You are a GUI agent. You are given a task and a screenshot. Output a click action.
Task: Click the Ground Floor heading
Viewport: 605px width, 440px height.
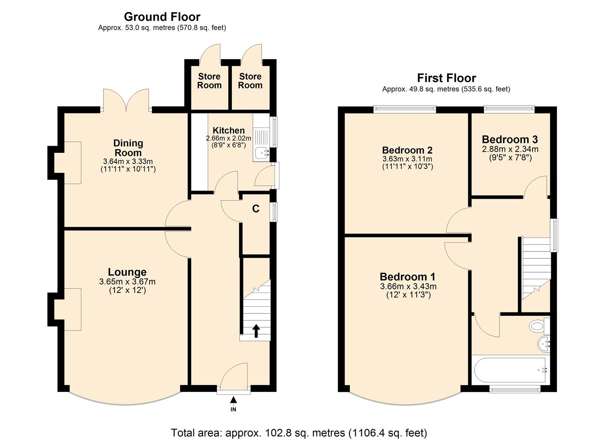point(162,17)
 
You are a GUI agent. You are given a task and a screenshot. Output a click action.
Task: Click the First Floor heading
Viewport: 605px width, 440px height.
point(446,78)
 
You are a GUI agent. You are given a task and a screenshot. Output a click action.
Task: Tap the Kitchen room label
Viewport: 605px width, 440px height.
point(229,130)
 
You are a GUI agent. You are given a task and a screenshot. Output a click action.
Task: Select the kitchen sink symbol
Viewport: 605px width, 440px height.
point(261,153)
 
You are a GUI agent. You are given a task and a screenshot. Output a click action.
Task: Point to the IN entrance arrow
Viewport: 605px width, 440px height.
point(233,401)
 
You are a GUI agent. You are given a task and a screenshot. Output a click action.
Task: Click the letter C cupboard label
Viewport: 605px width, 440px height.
point(255,209)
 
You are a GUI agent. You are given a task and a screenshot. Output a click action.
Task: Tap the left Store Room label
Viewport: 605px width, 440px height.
point(209,81)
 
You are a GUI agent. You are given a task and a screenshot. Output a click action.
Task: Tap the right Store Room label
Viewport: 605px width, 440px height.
point(250,81)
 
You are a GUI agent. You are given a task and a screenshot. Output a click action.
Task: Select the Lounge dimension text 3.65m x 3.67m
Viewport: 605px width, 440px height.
point(127,282)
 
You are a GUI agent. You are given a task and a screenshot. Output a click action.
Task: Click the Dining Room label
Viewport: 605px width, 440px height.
point(128,147)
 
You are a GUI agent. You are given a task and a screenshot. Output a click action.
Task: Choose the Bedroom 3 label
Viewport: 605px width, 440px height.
point(510,139)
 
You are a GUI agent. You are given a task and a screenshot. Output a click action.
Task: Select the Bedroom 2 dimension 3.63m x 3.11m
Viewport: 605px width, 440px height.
point(407,158)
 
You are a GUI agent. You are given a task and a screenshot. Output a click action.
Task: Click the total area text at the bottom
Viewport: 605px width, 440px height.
point(299,432)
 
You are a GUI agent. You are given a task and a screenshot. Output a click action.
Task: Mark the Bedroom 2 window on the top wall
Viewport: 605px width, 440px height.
point(405,109)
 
